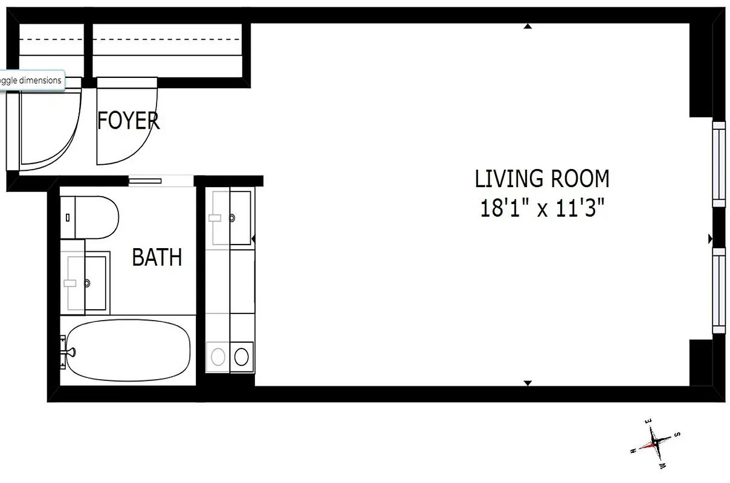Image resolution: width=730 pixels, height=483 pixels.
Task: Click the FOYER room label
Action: (x=128, y=121)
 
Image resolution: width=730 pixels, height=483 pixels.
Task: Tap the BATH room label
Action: (x=157, y=258)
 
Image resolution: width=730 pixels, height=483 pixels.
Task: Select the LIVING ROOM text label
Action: (x=541, y=179)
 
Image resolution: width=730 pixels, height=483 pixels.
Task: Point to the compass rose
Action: (x=655, y=443)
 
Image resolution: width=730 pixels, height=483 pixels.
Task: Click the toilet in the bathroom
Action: (x=91, y=217)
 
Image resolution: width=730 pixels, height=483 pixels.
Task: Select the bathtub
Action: (x=128, y=351)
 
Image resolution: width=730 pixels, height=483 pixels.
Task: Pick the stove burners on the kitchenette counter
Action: (x=230, y=356)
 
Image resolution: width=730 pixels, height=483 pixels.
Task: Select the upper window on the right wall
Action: (x=719, y=164)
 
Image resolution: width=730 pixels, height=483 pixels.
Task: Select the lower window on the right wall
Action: (x=719, y=290)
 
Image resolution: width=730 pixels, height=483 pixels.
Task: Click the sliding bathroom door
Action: (x=145, y=179)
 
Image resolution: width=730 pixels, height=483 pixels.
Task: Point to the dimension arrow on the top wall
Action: (x=528, y=27)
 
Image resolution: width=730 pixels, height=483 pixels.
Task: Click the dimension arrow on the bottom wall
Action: (x=528, y=383)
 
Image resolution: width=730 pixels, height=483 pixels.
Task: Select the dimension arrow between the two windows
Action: (x=710, y=239)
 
